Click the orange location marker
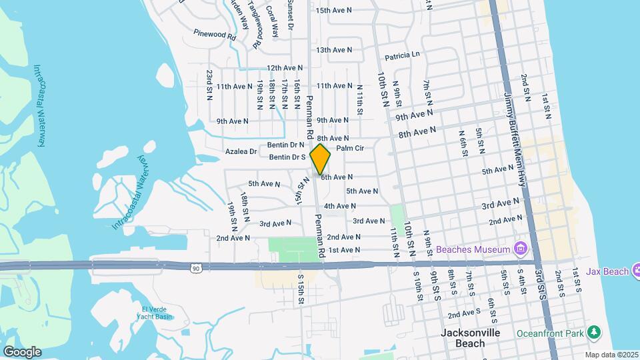[321, 159]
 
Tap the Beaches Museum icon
[521, 250]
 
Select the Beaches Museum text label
[473, 250]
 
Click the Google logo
[22, 351]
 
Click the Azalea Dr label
[241, 152]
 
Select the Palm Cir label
[350, 148]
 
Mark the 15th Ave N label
[334, 11]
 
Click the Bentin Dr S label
[287, 157]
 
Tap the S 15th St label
[301, 289]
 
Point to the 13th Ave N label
[334, 50]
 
